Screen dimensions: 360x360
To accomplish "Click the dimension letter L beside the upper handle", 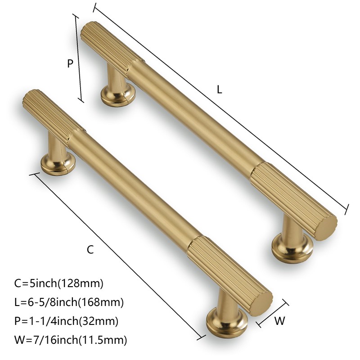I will pos(219,90).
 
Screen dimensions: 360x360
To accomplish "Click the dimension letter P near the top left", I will pos(70,64).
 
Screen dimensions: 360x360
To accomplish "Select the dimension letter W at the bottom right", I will pos(280,321).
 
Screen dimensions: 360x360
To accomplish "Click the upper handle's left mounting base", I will pos(118,94).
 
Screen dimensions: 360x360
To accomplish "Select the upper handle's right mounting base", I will pos(292,248).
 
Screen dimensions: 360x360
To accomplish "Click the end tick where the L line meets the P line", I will pos(94,8).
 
